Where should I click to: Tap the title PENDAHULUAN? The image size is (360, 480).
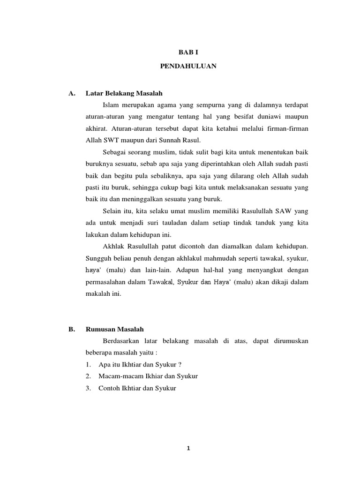[188, 67]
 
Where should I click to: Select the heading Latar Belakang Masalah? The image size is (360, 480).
[124, 93]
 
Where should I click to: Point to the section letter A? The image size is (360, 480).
[72, 93]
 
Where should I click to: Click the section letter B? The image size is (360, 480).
[71, 330]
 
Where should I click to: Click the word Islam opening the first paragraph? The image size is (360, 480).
[111, 104]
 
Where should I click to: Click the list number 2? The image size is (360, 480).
[88, 376]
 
